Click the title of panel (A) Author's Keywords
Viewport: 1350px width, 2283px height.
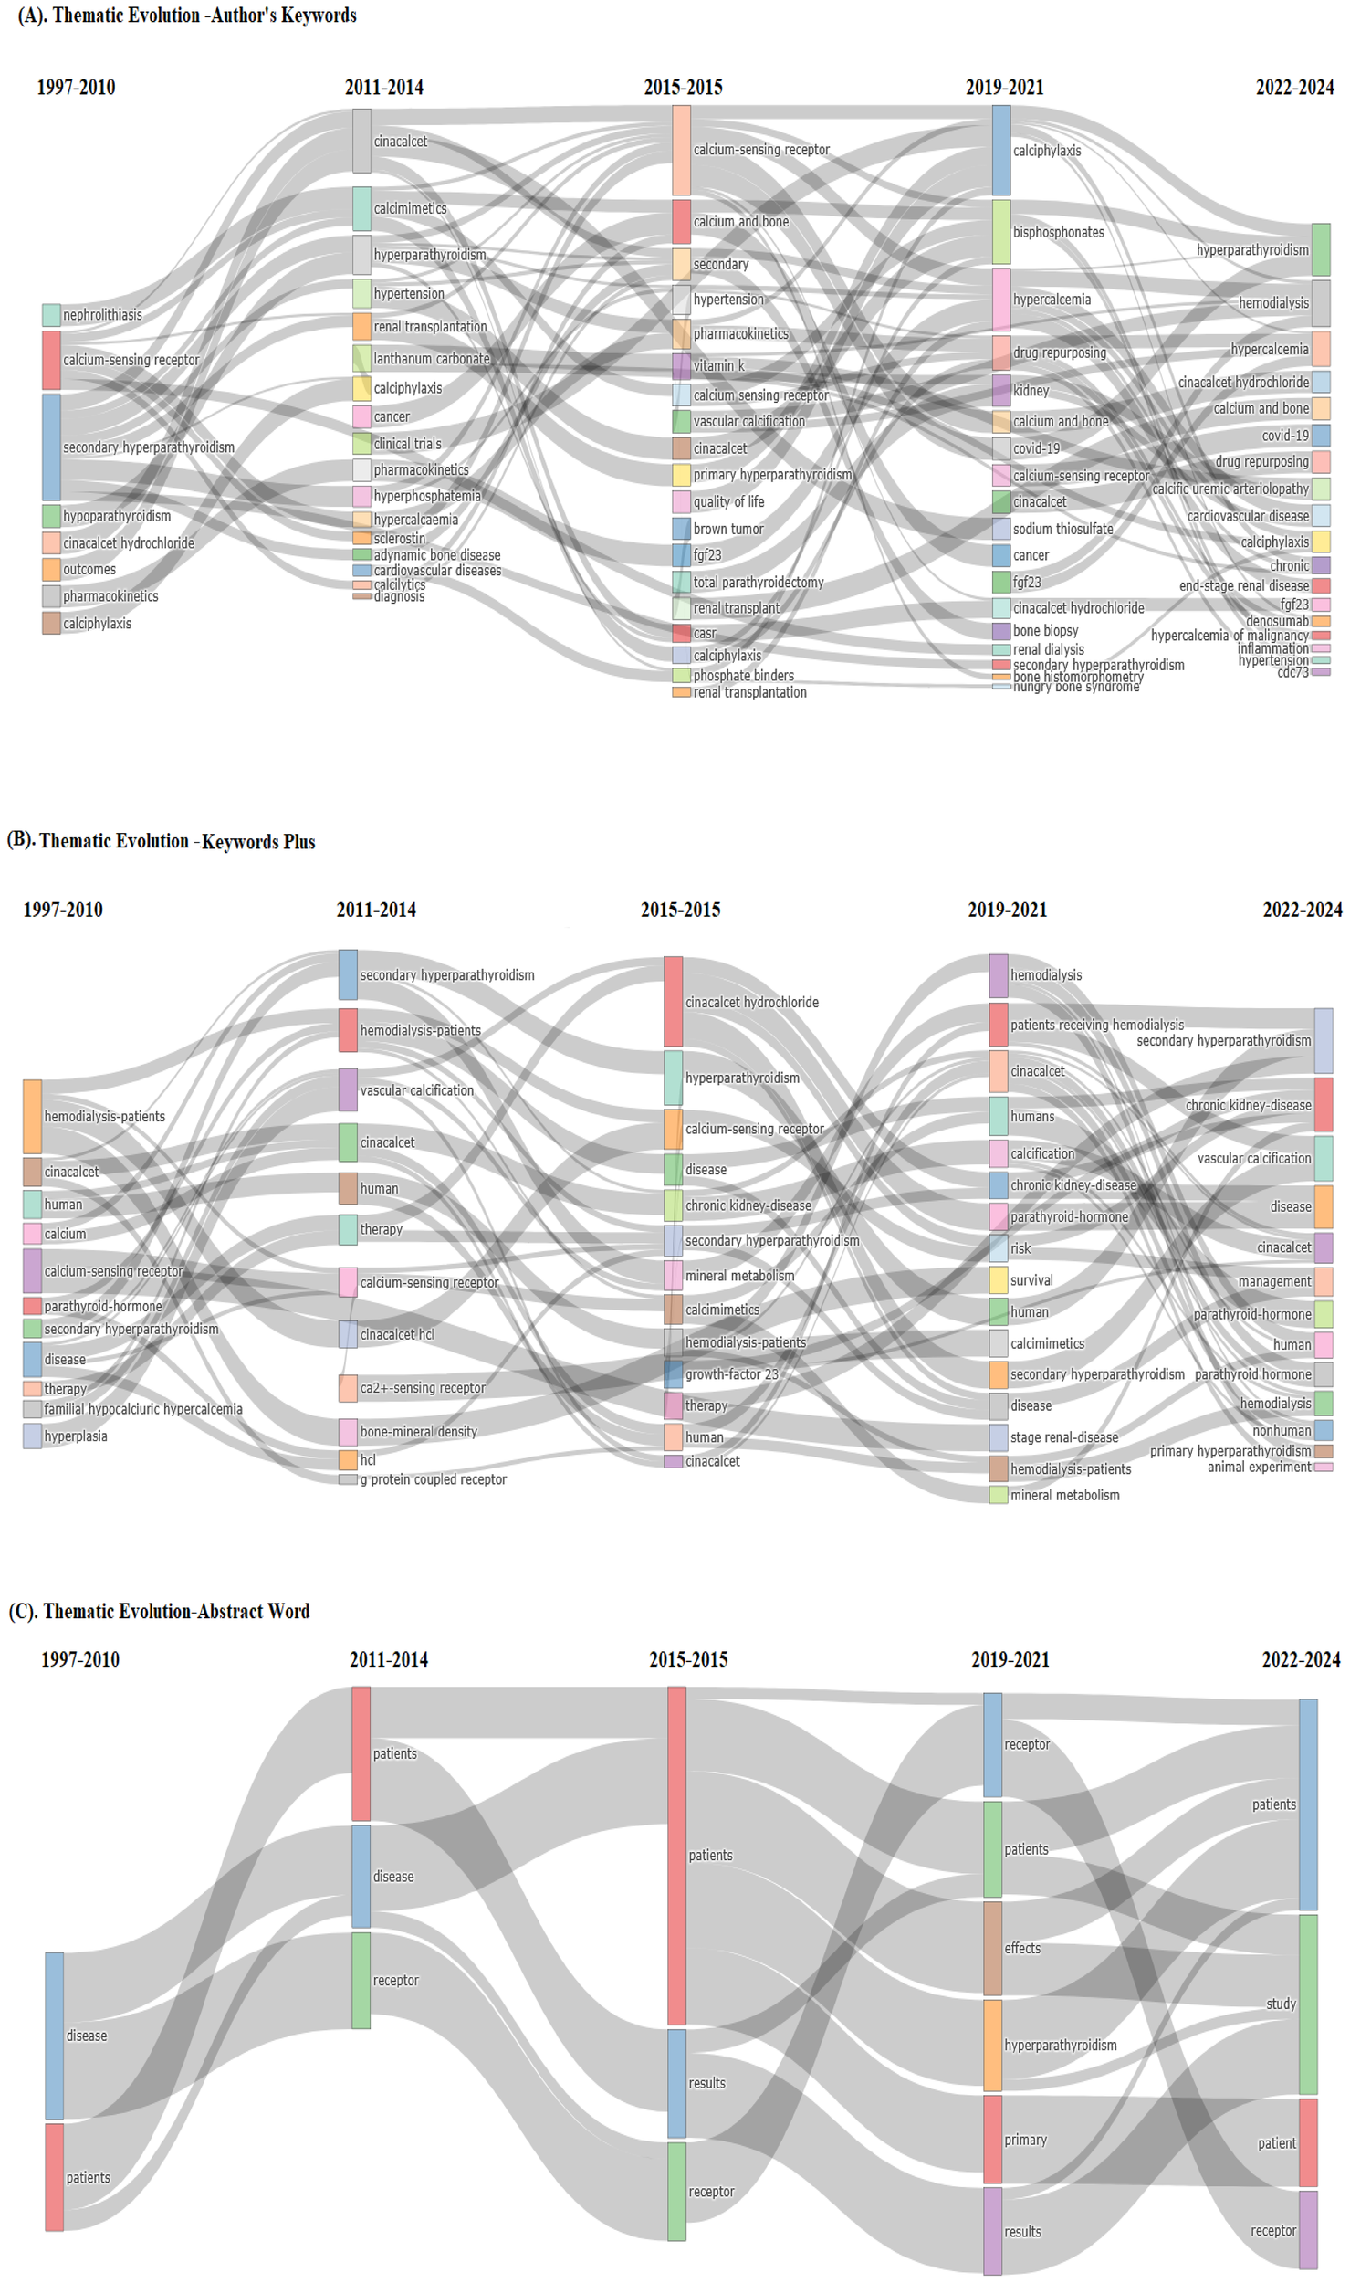click(x=187, y=16)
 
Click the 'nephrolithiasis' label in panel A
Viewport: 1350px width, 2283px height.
click(x=102, y=315)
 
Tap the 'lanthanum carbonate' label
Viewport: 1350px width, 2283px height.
click(x=431, y=359)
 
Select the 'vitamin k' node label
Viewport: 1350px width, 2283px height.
click(x=718, y=365)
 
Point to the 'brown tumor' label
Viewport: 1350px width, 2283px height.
click(x=727, y=529)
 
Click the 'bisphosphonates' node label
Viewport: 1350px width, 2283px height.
click(x=1058, y=232)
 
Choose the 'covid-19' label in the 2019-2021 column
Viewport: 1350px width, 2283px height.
click(x=1036, y=448)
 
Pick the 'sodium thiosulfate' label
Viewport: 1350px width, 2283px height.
click(x=1062, y=529)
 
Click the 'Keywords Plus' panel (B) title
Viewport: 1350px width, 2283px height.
click(x=162, y=841)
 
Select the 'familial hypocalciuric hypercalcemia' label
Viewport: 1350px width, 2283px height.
click(x=142, y=1409)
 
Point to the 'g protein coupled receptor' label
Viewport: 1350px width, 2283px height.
click(x=433, y=1479)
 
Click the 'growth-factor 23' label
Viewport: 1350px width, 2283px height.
click(x=731, y=1374)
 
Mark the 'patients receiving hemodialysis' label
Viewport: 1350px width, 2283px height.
click(x=1096, y=1025)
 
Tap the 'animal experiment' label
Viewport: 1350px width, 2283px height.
click(x=1259, y=1467)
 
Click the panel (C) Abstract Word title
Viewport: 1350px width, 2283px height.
click(x=160, y=1611)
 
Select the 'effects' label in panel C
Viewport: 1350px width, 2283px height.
click(x=1021, y=1948)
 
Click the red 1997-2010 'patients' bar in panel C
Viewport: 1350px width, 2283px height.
click(x=55, y=2177)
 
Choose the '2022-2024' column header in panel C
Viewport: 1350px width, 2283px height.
click(x=1300, y=1659)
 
